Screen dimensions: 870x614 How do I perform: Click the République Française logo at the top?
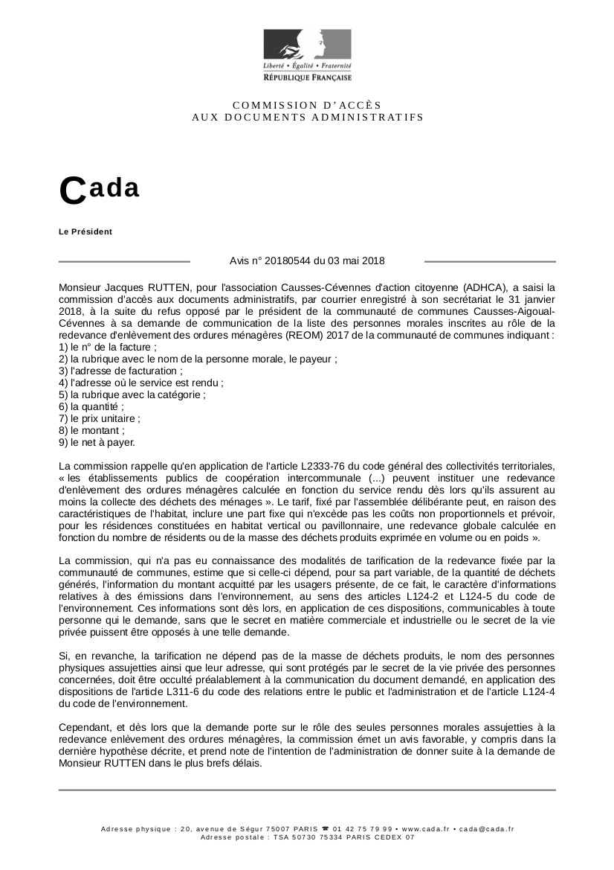(307, 56)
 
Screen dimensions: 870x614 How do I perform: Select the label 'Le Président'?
(85, 231)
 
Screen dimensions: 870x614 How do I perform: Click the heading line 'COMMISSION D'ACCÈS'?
(307, 105)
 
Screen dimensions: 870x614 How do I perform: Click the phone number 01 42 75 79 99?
(363, 829)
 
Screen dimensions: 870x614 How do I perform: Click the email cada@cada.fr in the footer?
(486, 829)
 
